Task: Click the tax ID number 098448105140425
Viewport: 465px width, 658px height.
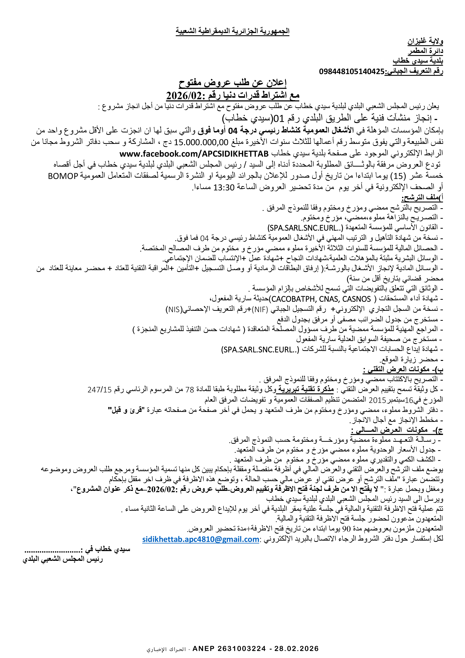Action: (352, 71)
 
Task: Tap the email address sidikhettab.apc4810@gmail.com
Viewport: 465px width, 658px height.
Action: (201, 539)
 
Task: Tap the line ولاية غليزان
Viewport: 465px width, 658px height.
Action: (425, 42)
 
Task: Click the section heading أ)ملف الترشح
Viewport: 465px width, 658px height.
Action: (422, 198)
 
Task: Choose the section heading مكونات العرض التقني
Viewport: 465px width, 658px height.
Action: (403, 370)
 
